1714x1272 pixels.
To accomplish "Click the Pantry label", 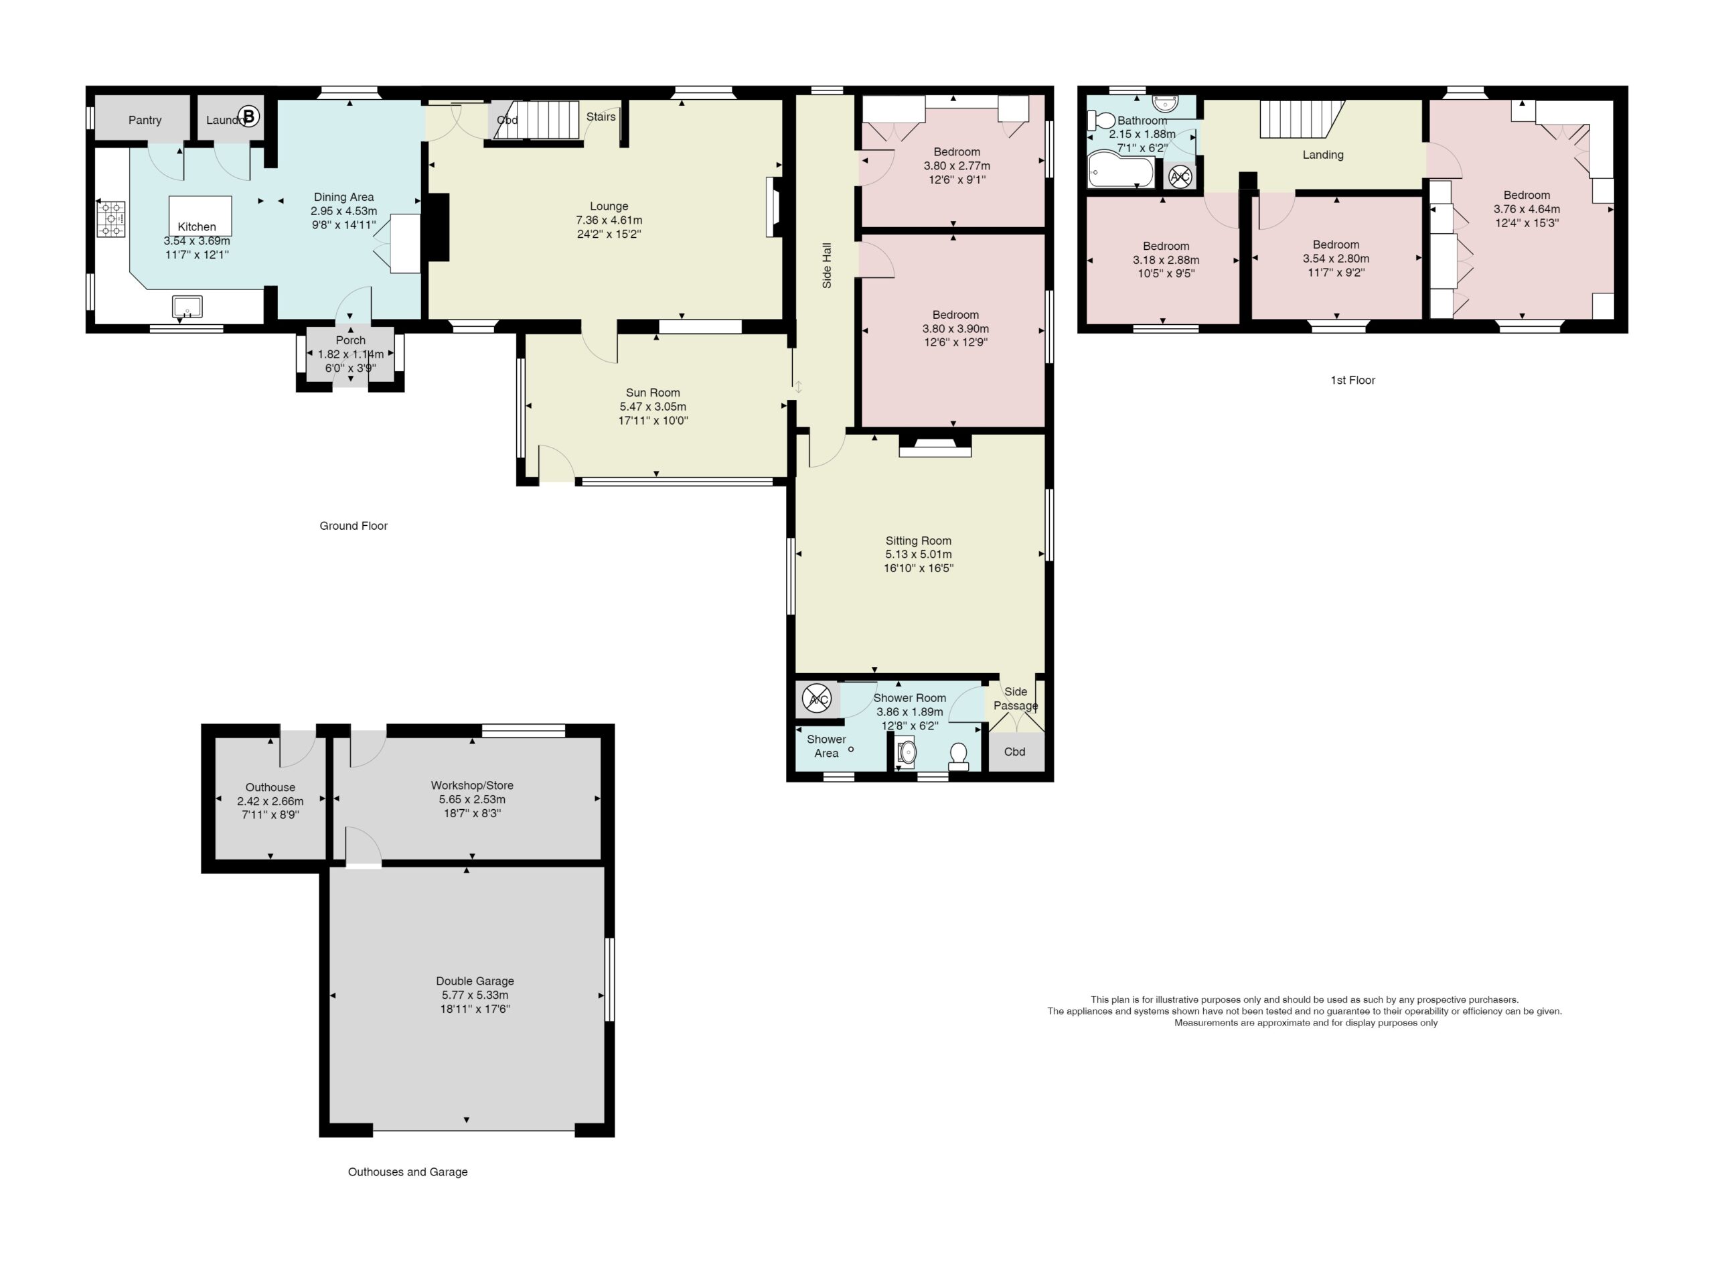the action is pos(145,120).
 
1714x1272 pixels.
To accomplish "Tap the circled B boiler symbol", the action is pos(248,117).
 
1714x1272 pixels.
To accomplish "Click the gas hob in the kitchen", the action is pos(110,218).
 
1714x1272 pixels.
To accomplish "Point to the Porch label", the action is pos(350,340).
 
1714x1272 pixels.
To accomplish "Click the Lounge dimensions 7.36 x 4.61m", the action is pos(609,220).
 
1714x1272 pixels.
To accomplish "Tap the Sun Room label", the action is pos(653,393).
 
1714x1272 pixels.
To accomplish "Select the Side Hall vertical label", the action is pos(828,266).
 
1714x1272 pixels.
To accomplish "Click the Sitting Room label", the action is pos(918,541).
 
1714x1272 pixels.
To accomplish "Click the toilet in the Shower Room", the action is pos(958,756).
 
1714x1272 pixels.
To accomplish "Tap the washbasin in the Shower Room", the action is pos(907,752).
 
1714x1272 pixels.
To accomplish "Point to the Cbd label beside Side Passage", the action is pos(1014,752).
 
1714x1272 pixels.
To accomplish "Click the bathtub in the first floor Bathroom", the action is pos(1121,169).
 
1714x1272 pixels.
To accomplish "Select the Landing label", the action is pos(1323,155).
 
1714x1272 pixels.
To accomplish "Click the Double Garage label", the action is pos(475,981).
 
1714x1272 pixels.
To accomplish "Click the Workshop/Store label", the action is pos(472,786).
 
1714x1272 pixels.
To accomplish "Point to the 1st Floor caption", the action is pos(1352,380).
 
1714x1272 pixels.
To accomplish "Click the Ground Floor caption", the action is pos(354,526).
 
